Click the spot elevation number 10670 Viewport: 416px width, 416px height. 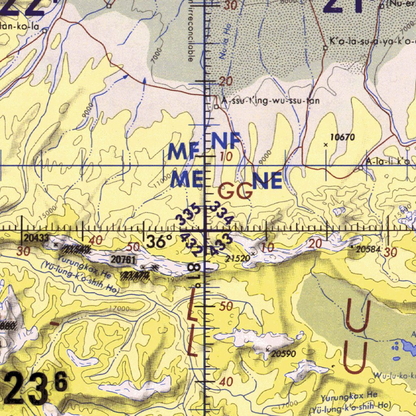pyautogui.click(x=342, y=138)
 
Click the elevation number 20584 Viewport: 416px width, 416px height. pyautogui.click(x=368, y=249)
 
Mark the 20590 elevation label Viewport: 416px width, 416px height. pyautogui.click(x=283, y=354)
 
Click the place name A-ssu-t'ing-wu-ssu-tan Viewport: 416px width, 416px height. pyautogui.click(x=270, y=101)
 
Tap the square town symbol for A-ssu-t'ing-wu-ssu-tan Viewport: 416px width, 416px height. pyautogui.click(x=217, y=107)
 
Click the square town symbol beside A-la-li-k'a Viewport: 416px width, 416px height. pyautogui.click(x=360, y=168)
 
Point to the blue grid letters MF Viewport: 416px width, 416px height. pyautogui.click(x=183, y=152)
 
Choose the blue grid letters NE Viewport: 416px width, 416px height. pyautogui.click(x=267, y=181)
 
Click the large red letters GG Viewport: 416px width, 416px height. pyautogui.click(x=236, y=191)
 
